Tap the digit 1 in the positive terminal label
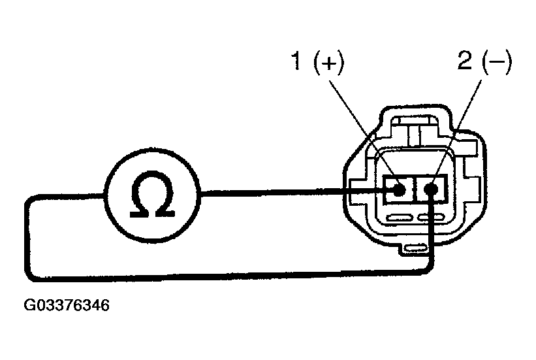(x=296, y=61)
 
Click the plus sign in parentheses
(x=328, y=63)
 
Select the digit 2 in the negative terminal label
(x=465, y=61)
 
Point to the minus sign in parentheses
(x=497, y=62)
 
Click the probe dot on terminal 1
(x=399, y=189)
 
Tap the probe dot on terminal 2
(x=431, y=189)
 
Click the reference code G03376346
(x=67, y=305)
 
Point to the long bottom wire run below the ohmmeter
(x=229, y=276)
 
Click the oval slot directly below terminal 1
(x=400, y=218)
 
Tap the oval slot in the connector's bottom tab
(x=415, y=248)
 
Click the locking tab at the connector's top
(x=415, y=131)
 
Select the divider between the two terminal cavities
(x=415, y=189)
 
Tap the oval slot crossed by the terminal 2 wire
(x=431, y=217)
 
